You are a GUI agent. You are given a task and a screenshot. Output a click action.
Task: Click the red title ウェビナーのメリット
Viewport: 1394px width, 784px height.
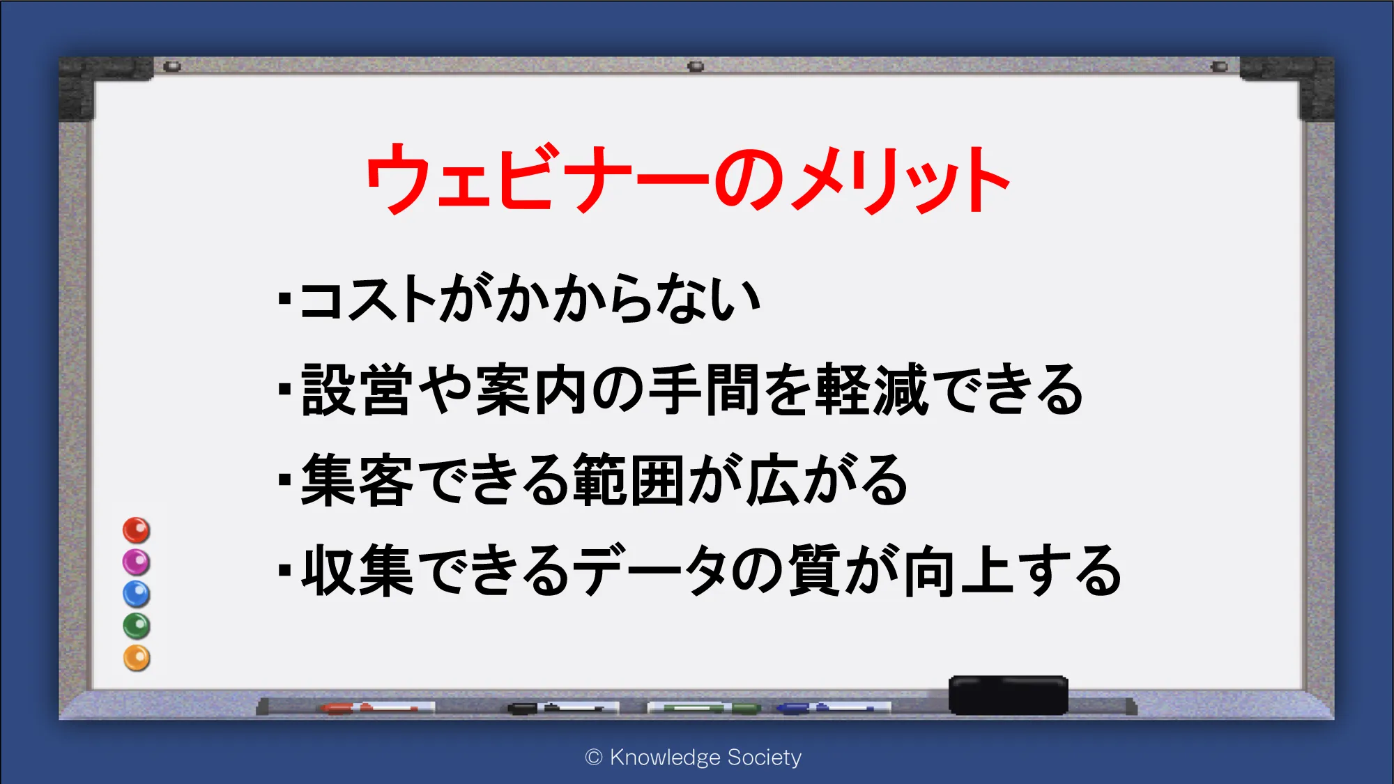click(x=688, y=178)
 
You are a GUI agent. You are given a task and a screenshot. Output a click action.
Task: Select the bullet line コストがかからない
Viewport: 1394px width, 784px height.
click(x=519, y=298)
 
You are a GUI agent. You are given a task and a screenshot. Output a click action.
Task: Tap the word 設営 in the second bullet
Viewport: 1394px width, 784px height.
click(x=356, y=390)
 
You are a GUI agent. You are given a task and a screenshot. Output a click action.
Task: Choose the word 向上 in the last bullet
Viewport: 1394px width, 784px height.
click(x=958, y=571)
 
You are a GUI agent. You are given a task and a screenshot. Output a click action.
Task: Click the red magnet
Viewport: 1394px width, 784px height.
click(x=137, y=530)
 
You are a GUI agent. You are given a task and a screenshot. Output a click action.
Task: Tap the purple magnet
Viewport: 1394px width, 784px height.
click(x=137, y=562)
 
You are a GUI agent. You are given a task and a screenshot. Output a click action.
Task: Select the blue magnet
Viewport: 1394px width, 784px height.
click(x=137, y=594)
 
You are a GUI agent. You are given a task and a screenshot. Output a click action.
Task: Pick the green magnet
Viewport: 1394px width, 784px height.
click(x=137, y=626)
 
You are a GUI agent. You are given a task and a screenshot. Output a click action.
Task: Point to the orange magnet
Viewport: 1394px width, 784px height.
click(x=137, y=658)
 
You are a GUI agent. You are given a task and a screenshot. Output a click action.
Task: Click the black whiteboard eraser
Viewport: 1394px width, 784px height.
click(x=1008, y=695)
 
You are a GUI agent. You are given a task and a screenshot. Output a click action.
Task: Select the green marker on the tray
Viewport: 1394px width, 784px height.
click(x=704, y=708)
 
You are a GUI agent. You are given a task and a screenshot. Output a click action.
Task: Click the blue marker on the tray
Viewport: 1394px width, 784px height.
click(x=833, y=708)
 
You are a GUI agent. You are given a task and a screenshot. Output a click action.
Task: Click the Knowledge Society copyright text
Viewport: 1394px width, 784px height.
click(x=694, y=758)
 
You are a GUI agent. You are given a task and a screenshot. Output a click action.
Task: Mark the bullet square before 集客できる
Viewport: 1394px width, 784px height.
click(x=284, y=479)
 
